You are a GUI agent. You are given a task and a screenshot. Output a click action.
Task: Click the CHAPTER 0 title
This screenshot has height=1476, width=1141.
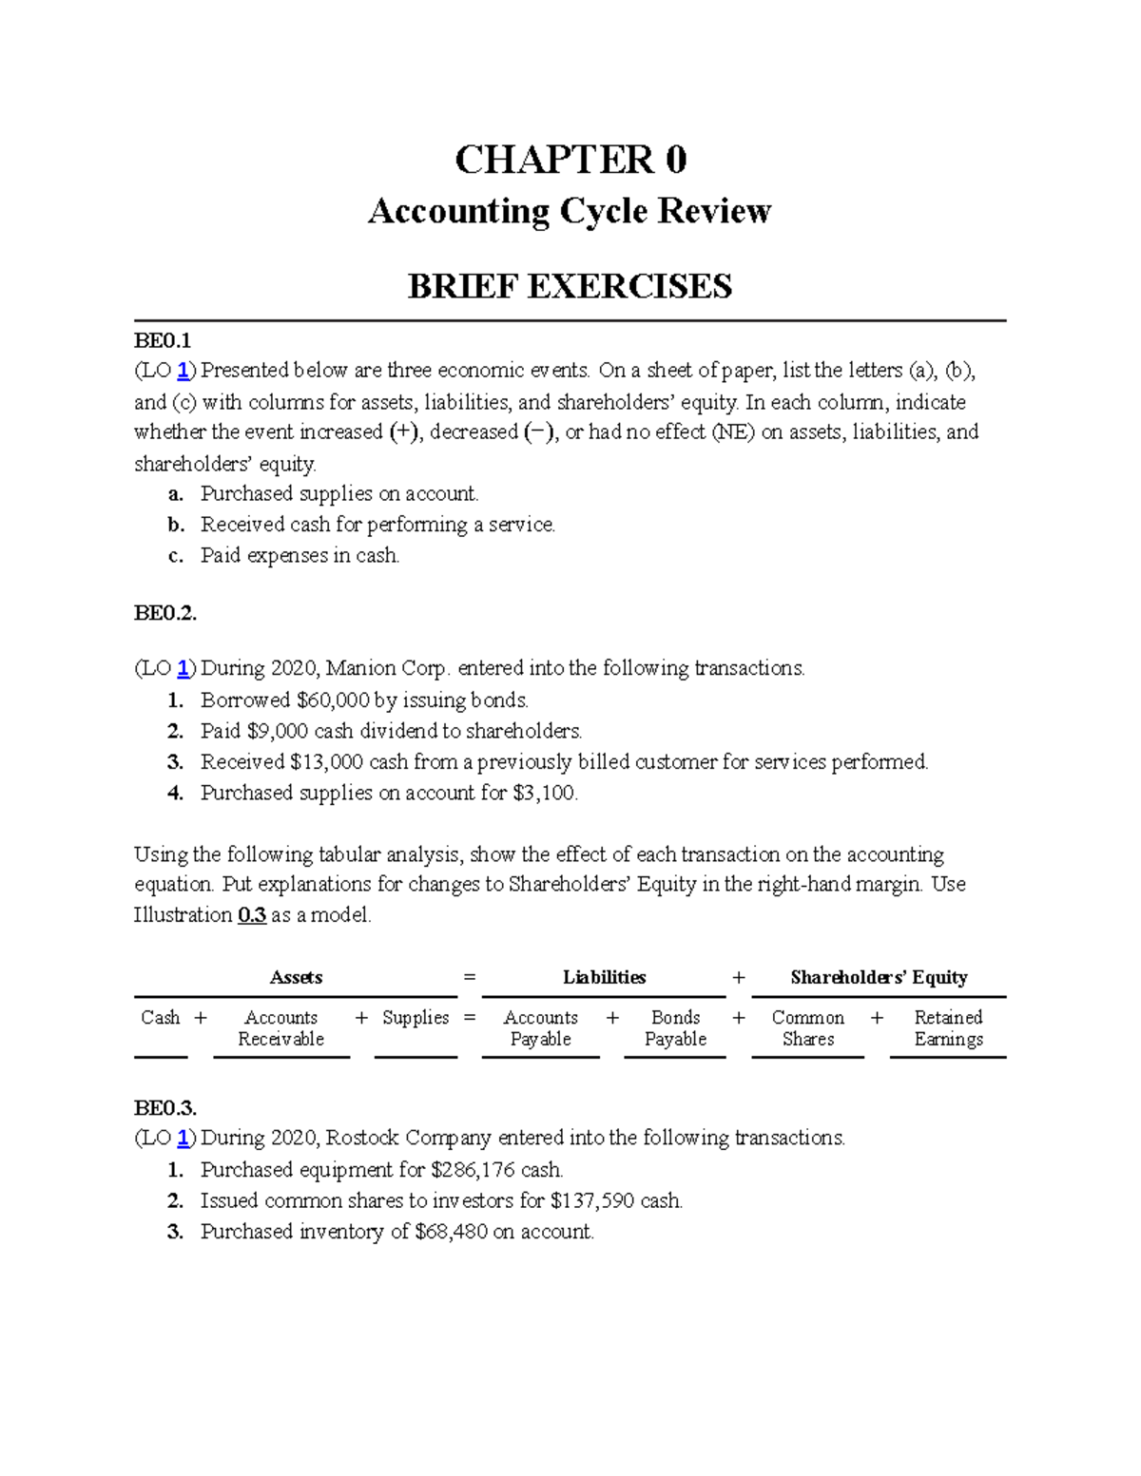coord(570,160)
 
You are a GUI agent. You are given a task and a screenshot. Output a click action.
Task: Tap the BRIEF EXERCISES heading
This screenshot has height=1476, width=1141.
coord(570,286)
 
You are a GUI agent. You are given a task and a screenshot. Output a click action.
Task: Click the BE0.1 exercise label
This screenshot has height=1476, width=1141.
coord(163,340)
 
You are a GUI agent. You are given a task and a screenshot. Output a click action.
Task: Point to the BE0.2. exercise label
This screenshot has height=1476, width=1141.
coord(165,613)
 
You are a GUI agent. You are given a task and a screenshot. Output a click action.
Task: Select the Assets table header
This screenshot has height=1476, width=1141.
coord(296,977)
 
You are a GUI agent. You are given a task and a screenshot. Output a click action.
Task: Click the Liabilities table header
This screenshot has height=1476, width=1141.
coord(604,977)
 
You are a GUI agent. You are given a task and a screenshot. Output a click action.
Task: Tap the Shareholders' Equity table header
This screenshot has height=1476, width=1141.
coord(879,977)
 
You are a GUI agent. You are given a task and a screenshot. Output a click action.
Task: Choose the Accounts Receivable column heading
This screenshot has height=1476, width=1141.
coord(280,1028)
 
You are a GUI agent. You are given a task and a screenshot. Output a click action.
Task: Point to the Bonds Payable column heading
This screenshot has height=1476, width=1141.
coord(675,1028)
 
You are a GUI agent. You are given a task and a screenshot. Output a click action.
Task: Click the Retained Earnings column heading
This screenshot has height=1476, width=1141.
coord(948,1028)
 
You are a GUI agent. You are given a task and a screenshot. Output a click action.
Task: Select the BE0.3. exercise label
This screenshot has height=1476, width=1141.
coord(165,1108)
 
